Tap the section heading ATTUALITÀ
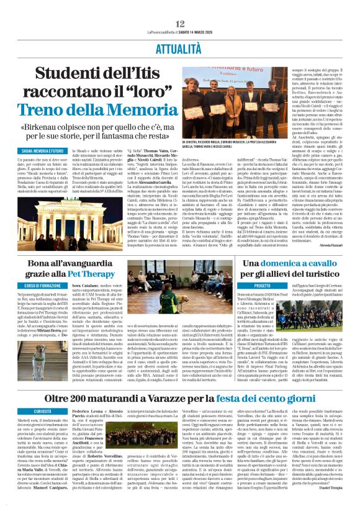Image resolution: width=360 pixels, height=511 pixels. [x=180, y=47]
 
